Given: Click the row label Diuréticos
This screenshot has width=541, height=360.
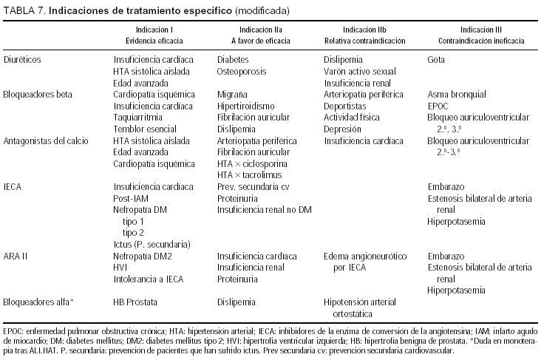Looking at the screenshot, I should coord(21,58).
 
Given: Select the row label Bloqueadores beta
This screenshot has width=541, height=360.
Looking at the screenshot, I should coord(35,95).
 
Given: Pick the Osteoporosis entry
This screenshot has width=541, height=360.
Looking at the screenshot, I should coord(241,71).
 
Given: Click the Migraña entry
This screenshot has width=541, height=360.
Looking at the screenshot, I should coord(232,95).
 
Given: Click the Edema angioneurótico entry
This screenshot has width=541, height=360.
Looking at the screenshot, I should coord(366,255).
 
